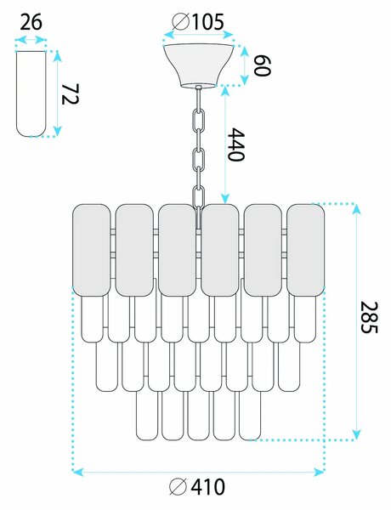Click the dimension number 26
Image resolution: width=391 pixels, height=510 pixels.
click(31, 23)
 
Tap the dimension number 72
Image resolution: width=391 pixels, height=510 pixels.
click(70, 94)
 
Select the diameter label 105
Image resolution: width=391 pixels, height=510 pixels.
click(207, 22)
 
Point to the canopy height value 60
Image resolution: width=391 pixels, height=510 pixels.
click(262, 65)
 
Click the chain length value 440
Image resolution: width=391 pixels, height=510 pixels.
click(235, 144)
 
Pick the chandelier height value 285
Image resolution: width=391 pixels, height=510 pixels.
click(370, 317)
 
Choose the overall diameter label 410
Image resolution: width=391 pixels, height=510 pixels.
click(207, 487)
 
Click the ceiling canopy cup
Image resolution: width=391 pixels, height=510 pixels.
click(198, 65)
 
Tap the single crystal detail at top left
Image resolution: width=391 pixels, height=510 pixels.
click(31, 93)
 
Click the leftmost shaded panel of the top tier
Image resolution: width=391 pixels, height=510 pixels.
click(91, 250)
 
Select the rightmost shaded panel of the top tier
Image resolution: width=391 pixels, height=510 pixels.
click(305, 250)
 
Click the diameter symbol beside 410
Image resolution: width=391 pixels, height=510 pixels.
click(178, 487)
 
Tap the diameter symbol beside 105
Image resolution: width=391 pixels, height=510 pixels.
click(180, 22)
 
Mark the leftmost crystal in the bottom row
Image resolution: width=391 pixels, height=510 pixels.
click(147, 416)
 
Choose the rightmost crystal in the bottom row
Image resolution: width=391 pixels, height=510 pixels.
click(250, 416)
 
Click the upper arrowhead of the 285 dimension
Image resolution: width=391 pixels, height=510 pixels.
click(357, 209)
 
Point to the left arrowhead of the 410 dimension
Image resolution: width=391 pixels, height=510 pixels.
click(77, 472)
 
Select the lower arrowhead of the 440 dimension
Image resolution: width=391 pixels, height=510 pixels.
click(225, 198)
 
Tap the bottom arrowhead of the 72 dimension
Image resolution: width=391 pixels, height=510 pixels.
click(58, 132)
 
